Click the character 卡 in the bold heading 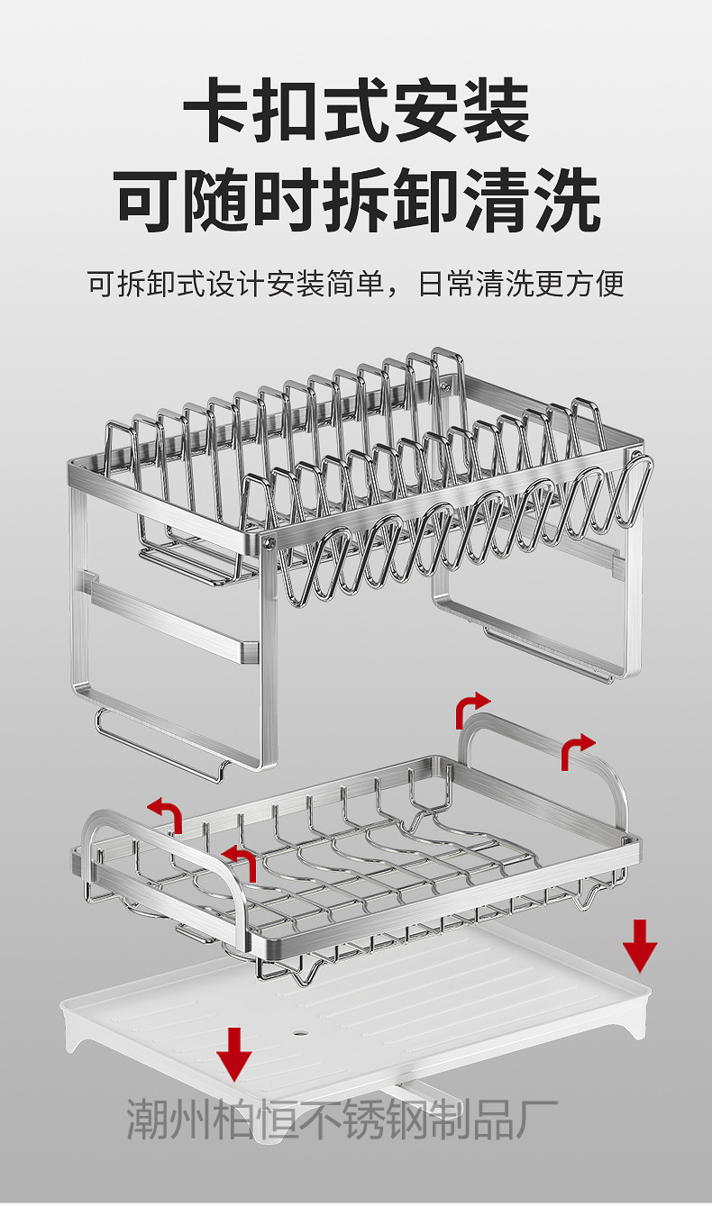219,113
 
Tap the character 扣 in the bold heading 288,113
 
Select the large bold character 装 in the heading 495,113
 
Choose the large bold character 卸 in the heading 428,199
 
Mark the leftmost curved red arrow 168,812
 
